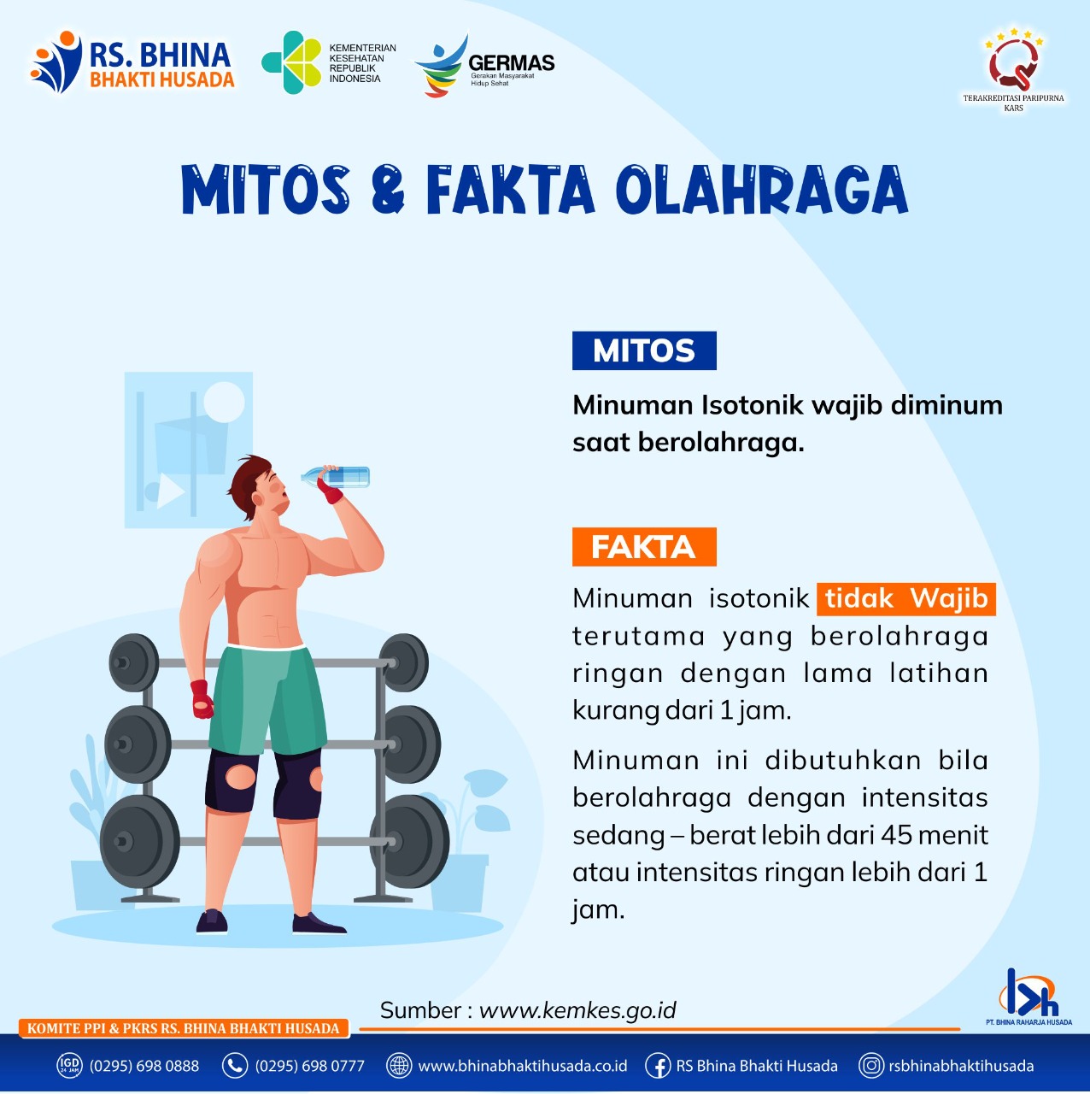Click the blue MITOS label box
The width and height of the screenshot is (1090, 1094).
[x=644, y=350]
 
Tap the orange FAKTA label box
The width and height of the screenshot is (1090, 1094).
[x=644, y=547]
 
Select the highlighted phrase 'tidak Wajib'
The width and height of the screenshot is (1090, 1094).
[x=906, y=599]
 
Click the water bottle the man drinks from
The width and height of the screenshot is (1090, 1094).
[x=336, y=476]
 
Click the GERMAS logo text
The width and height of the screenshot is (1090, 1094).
[x=511, y=62]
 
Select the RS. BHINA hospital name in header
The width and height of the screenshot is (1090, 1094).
[x=160, y=55]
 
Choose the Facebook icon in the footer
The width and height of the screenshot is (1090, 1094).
[x=659, y=1065]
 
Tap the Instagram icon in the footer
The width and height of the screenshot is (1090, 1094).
[x=871, y=1065]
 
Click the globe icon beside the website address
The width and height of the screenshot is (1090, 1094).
[x=399, y=1065]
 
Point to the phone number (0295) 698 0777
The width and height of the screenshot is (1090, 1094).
[x=310, y=1066]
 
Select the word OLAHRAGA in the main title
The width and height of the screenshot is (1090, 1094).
[x=762, y=190]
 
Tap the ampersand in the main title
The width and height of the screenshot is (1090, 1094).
[x=389, y=190]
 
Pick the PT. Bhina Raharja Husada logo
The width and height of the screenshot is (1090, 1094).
[x=1028, y=997]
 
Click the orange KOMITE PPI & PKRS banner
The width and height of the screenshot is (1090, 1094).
[x=184, y=1028]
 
